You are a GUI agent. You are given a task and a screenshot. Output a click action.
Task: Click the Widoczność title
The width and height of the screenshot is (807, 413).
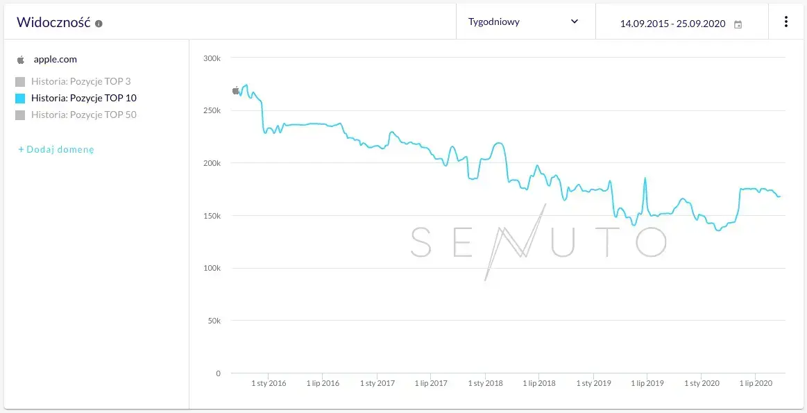coord(53,22)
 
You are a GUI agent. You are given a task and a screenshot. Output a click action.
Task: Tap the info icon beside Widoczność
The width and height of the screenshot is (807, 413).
coord(99,24)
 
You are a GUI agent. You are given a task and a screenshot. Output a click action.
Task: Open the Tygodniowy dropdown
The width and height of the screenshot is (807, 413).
coord(525,22)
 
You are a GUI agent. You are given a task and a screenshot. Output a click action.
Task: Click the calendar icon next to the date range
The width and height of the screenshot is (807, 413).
coord(738,24)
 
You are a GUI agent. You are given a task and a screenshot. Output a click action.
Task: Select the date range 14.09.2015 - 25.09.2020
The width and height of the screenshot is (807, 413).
coord(672,24)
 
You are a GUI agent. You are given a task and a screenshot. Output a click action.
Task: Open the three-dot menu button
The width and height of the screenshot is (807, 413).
coord(785,22)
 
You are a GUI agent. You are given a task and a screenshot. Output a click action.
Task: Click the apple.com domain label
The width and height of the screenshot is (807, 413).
coord(55,60)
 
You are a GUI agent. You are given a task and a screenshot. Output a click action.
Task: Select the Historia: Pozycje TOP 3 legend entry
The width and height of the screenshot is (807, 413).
coord(80,81)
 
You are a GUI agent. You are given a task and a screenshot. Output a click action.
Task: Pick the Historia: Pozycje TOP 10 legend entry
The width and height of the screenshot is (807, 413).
coord(83,98)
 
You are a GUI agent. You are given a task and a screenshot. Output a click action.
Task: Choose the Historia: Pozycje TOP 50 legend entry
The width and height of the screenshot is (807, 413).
coord(83,115)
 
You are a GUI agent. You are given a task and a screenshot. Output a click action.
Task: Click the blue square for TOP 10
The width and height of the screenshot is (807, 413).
coord(20,98)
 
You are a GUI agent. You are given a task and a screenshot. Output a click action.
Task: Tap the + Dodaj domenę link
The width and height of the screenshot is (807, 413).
coord(56,149)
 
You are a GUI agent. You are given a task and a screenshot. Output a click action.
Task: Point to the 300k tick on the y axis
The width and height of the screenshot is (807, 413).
coord(211,58)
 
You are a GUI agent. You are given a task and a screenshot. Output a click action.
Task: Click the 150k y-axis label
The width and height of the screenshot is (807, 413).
coord(211,216)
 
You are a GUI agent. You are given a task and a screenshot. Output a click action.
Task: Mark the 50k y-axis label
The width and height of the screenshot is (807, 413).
coord(212,321)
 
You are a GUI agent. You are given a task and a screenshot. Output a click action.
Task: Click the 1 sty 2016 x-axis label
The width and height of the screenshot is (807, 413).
coord(269,383)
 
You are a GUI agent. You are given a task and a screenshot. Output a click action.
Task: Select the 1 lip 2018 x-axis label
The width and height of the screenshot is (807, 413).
coord(538,383)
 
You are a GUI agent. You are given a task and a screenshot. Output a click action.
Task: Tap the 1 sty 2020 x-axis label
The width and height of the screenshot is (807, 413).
coord(702,383)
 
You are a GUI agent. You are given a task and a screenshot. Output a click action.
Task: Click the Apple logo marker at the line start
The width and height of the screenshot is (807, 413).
coord(236,90)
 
